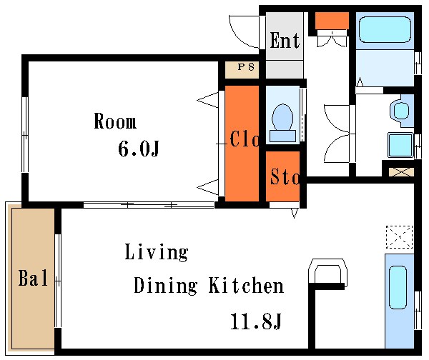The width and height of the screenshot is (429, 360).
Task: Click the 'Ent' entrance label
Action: tap(285, 41)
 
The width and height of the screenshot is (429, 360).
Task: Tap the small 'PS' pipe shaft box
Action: tap(242, 70)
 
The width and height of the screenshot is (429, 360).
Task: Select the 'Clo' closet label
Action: tap(245, 139)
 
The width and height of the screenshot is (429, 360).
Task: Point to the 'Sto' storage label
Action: tap(285, 176)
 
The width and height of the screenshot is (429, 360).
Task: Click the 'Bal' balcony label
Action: tap(33, 278)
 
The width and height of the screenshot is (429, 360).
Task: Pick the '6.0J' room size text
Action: tap(139, 149)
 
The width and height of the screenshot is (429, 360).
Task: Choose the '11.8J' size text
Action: tap(256, 321)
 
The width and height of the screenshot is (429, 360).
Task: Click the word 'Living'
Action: tap(157, 253)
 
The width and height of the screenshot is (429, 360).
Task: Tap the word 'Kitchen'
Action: tap(246, 285)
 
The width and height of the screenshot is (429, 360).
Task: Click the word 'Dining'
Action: tap(166, 286)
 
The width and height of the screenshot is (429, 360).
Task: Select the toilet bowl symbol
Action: tap(282, 123)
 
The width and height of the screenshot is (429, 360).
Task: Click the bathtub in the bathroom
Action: tap(385, 29)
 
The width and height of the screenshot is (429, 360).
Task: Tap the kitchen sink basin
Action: tap(398, 287)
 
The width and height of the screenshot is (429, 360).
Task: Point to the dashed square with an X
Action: tap(399, 237)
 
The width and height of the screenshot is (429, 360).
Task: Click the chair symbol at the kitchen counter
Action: tap(327, 272)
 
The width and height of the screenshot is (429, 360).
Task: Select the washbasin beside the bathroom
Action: tap(400, 111)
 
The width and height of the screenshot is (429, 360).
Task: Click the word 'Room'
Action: tap(115, 121)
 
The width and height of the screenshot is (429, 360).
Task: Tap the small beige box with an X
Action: tap(401, 172)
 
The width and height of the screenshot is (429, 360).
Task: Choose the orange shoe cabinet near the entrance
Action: tap(332, 21)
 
